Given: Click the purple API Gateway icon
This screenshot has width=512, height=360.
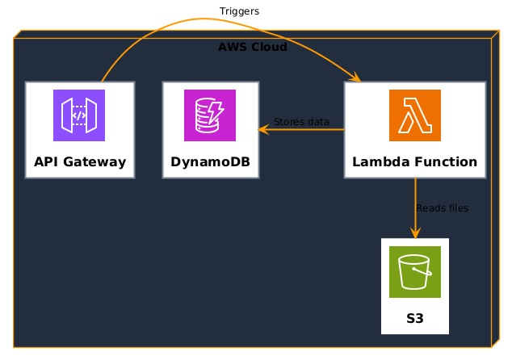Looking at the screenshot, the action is pyautogui.click(x=79, y=115).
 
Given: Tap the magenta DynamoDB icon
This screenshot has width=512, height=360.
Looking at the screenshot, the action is pyautogui.click(x=210, y=115).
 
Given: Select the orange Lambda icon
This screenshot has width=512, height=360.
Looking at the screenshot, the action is pyautogui.click(x=415, y=115).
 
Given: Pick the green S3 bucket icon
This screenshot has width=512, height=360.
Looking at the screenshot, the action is pyautogui.click(x=415, y=272).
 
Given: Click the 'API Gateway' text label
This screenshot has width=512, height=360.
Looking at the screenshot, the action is pyautogui.click(x=80, y=162).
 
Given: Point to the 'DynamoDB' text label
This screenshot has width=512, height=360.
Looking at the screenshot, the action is pyautogui.click(x=210, y=162).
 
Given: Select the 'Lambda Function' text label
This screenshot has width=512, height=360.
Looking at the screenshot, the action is pyautogui.click(x=415, y=161).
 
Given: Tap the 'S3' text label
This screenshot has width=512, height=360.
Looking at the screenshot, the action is pyautogui.click(x=415, y=318).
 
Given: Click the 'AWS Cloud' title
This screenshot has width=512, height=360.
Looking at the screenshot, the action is pyautogui.click(x=253, y=47).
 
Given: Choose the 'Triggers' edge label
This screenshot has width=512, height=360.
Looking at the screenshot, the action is pyautogui.click(x=239, y=11).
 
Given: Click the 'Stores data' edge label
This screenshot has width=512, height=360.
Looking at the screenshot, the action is pyautogui.click(x=301, y=122).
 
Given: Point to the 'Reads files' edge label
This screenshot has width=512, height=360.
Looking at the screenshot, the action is pyautogui.click(x=443, y=208).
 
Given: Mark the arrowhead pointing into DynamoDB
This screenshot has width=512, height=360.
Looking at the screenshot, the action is pyautogui.click(x=262, y=130).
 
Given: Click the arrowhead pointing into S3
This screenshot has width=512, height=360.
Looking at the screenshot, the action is pyautogui.click(x=415, y=233).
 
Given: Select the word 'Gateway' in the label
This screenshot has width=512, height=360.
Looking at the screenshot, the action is pyautogui.click(x=94, y=162).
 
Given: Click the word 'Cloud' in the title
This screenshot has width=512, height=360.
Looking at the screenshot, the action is pyautogui.click(x=270, y=47).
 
